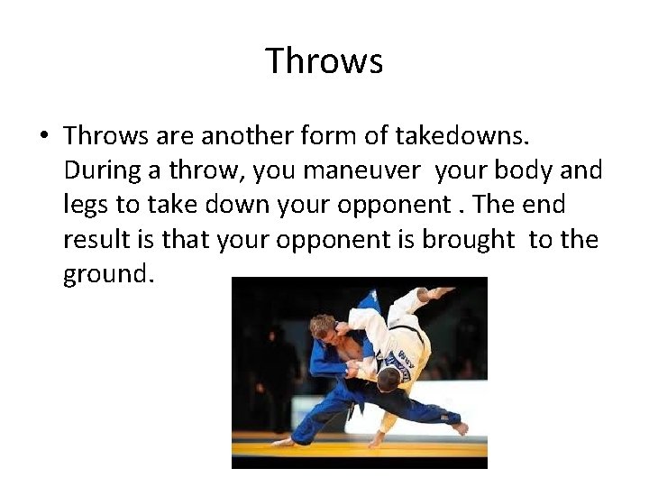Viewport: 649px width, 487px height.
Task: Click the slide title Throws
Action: tap(324, 61)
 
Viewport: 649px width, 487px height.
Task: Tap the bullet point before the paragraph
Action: tap(43, 136)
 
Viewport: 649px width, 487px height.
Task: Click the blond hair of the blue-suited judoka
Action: tap(321, 325)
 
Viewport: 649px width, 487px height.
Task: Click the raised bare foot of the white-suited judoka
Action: tap(442, 292)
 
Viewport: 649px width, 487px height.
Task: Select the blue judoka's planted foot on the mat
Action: tap(284, 442)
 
